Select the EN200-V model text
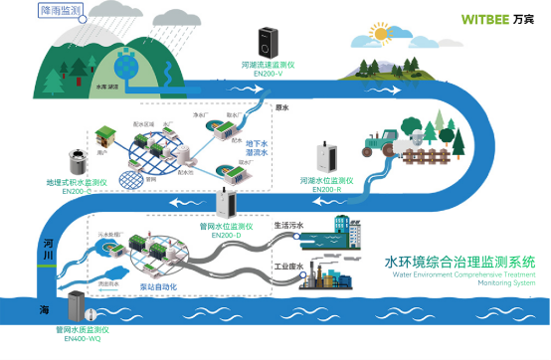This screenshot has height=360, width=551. coord(270,73)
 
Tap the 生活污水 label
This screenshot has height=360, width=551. coord(288,226)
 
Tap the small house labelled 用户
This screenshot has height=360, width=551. coord(105,135)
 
